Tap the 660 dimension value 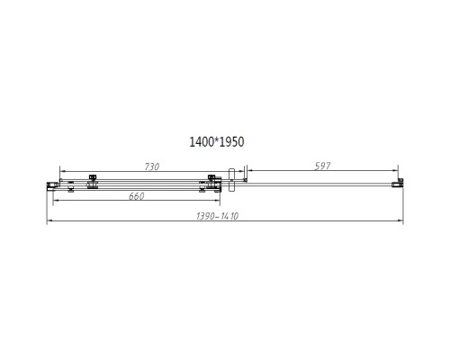pos(136,196)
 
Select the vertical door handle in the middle pos(232,179)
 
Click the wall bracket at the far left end pos(51,185)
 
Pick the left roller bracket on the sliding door pos(91,184)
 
